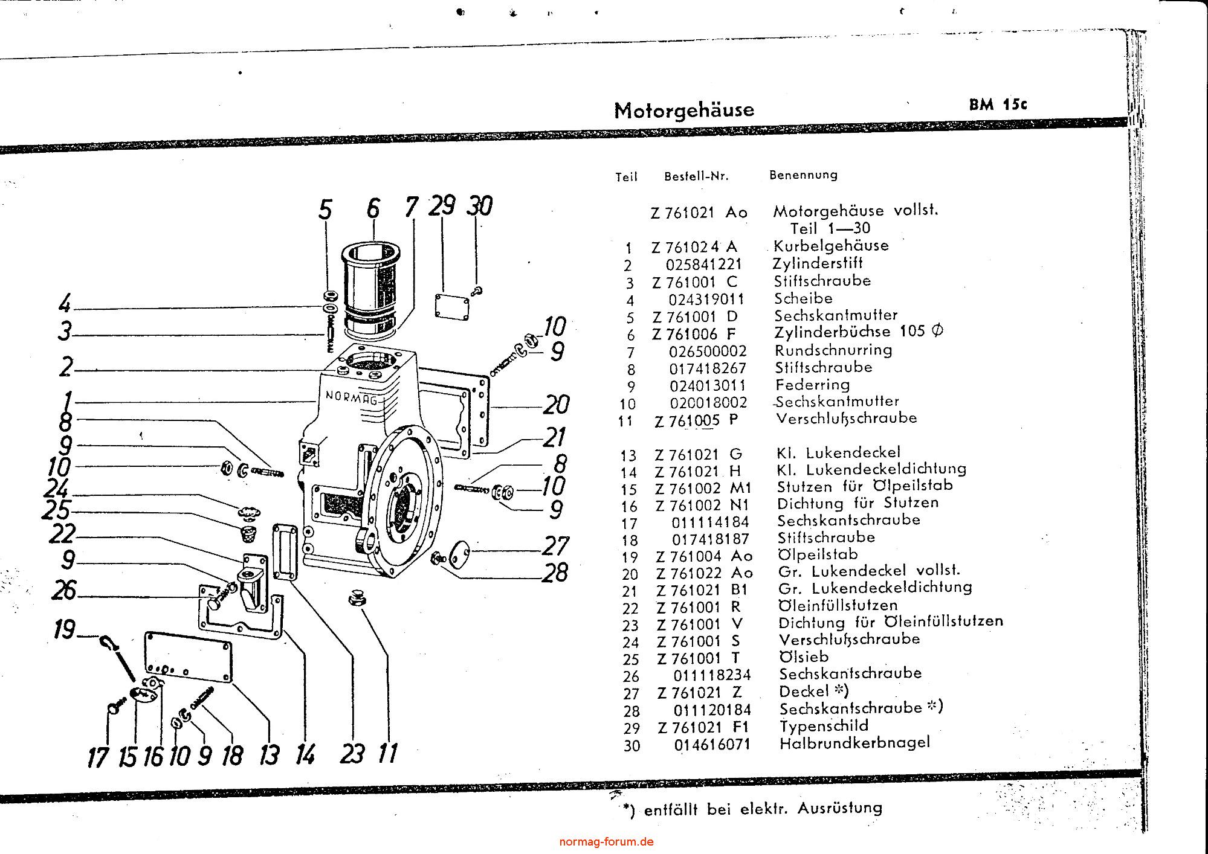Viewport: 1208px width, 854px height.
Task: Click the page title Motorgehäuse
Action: [684, 110]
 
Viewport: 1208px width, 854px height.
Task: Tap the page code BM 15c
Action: [998, 104]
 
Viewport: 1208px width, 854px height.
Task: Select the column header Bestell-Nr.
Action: [696, 176]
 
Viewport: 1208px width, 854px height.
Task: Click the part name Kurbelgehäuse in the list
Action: [831, 246]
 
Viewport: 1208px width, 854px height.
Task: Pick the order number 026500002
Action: [708, 352]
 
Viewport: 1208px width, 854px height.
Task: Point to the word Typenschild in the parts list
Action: [824, 726]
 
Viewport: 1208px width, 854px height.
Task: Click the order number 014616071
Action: [712, 745]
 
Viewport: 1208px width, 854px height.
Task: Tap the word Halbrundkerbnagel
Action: [854, 743]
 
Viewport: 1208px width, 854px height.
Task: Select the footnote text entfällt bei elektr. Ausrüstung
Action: [763, 809]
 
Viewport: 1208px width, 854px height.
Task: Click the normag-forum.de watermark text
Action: [606, 841]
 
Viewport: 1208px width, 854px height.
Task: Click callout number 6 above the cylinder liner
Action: [373, 209]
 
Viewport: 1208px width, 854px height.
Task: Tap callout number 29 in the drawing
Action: [442, 207]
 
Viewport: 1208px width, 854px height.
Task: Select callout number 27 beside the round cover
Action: [555, 546]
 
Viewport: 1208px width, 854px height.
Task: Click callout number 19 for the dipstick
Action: [63, 629]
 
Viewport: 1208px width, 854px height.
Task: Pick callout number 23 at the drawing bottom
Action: [352, 754]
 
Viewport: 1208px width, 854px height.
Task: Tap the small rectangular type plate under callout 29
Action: [452, 305]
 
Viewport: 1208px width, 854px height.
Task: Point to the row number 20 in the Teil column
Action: [630, 574]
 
